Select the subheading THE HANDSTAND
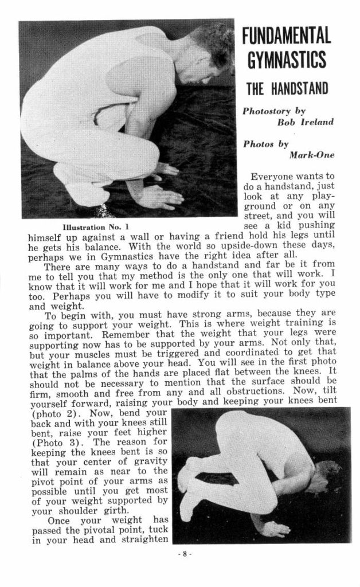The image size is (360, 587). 287,89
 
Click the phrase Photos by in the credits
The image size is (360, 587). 266,144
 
